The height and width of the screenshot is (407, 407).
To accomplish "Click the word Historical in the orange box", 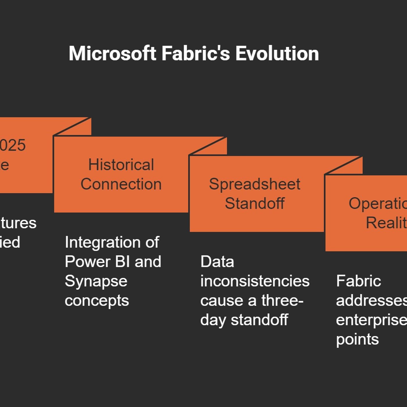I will pos(121,165).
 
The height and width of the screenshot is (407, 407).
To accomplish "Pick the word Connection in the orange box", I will pos(121,184).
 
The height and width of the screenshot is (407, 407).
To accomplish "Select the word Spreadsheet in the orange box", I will pos(255,184).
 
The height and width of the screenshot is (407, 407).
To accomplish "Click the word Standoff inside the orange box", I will pos(255,203).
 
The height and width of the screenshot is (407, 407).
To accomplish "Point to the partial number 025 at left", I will pos(13,145).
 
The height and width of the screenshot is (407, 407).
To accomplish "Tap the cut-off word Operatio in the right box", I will pos(377,203).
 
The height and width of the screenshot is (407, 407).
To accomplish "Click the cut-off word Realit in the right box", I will pos(386,223).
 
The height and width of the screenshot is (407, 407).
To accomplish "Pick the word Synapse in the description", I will pos(96,281).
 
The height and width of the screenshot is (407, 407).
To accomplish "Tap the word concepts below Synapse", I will pos(97,301).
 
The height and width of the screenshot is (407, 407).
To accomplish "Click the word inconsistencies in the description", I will pos(255,281).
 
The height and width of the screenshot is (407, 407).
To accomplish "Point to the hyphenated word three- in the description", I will pos(282,300).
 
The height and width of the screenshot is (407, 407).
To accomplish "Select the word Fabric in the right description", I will pos(358,281).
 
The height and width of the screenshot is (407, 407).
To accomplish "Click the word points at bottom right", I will pos(357,339).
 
